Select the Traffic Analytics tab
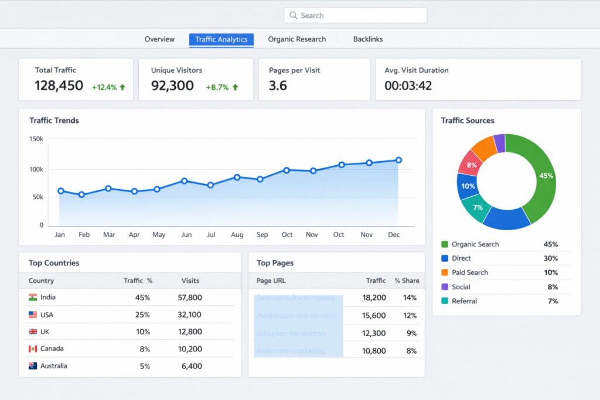tap(221, 39)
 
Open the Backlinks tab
tap(367, 39)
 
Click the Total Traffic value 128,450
tap(59, 86)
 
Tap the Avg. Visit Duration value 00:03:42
tap(408, 86)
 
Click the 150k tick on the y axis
tap(36, 139)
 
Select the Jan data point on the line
tap(60, 191)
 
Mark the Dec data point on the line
tap(398, 160)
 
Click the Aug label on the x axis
tap(237, 235)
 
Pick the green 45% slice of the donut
tap(543, 176)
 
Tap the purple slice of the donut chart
tap(499, 142)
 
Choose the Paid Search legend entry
tap(469, 272)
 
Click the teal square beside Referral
tap(444, 301)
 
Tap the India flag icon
tap(33, 298)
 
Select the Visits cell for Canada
tap(190, 348)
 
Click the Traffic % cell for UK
tap(143, 331)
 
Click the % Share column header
tap(407, 281)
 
